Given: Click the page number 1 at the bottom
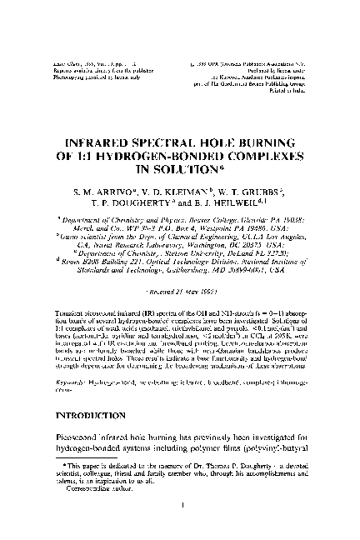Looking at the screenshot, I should (180, 527).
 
